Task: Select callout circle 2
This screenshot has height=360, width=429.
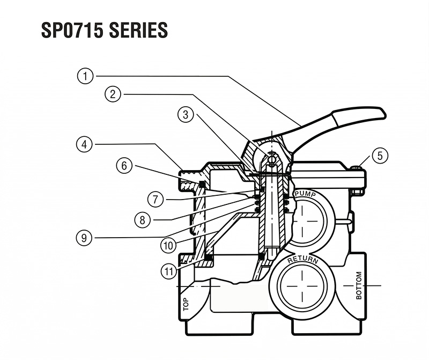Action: pos(113,94)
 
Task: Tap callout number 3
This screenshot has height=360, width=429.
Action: pos(186,114)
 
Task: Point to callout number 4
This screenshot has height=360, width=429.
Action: pos(84,144)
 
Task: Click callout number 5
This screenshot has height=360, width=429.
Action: pos(379,156)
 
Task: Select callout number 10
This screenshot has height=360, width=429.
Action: pos(168,244)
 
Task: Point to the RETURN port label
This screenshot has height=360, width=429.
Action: pos(303,261)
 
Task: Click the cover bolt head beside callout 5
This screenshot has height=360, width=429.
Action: pos(357,170)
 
